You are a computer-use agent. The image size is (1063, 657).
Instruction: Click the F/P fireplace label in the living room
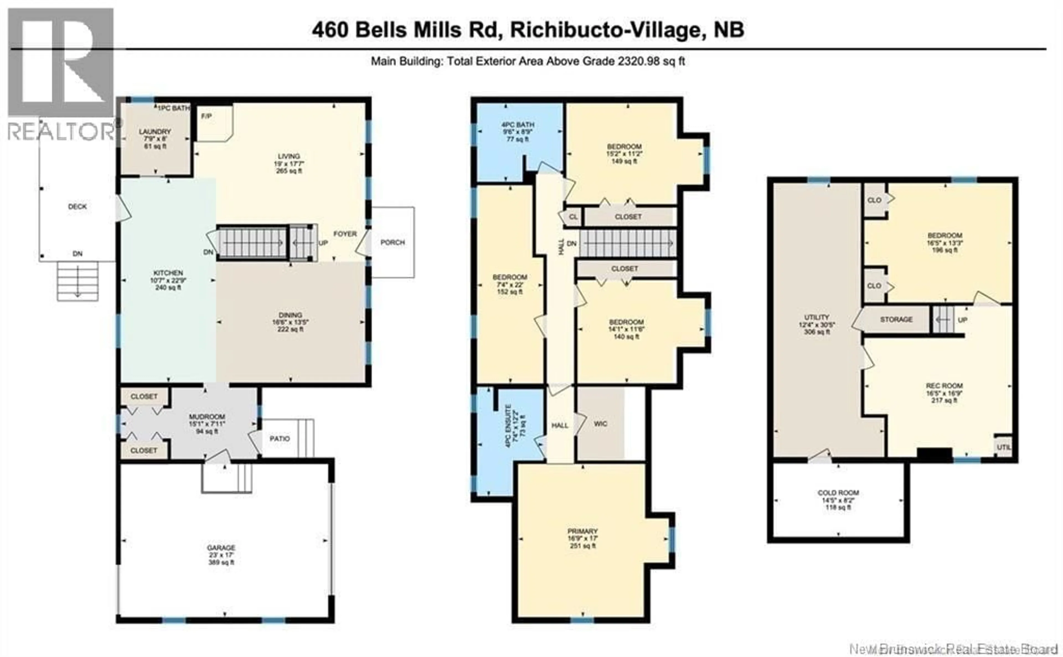(207, 117)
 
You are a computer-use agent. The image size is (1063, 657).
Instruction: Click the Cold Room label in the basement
(838, 493)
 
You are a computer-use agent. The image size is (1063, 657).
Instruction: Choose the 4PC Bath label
(518, 125)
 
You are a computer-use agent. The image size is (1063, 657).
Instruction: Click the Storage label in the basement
(896, 319)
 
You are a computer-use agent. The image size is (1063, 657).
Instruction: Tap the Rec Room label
(944, 386)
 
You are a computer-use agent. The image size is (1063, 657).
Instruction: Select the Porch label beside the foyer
(393, 242)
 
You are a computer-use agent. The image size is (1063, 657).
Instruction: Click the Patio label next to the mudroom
(279, 439)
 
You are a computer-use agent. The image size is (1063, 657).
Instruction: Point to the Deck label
(77, 207)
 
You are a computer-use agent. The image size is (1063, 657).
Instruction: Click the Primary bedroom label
(582, 531)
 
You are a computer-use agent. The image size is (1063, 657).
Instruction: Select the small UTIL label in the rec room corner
(1003, 447)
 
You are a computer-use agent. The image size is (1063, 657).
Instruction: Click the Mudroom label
(207, 417)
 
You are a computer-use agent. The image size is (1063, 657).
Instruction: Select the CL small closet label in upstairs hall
(573, 217)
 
